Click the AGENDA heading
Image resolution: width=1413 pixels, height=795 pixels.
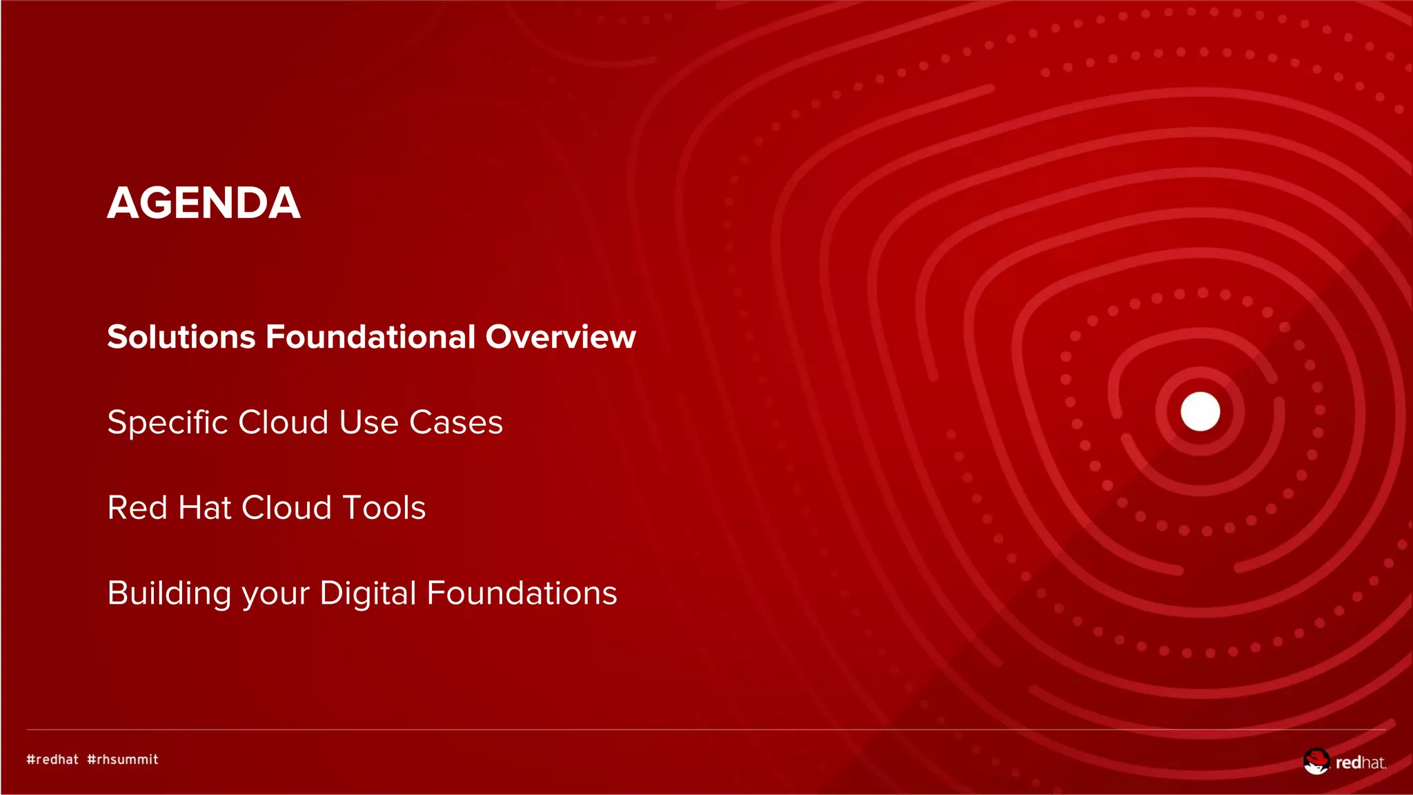(204, 203)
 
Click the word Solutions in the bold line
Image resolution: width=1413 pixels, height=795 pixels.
(181, 337)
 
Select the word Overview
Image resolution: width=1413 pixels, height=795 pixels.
(560, 337)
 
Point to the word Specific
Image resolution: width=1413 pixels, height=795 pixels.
(167, 422)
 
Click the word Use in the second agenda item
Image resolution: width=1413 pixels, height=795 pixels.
(368, 422)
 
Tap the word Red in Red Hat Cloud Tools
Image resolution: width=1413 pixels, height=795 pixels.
(137, 508)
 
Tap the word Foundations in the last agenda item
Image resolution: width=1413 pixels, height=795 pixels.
(522, 593)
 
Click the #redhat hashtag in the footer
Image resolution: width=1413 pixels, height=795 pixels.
(52, 759)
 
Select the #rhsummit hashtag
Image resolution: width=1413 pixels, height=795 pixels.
(123, 759)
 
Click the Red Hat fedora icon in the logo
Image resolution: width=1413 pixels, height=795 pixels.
(1316, 761)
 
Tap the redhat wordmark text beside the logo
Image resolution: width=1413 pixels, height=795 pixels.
(1360, 763)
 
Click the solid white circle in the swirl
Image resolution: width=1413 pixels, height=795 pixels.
(1200, 411)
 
